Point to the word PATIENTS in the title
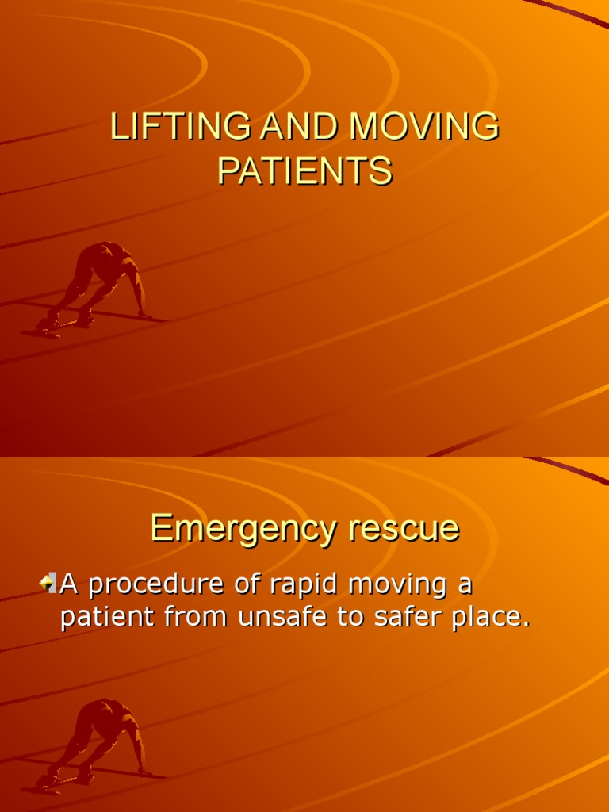click(304, 170)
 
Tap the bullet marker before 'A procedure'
click(48, 584)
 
